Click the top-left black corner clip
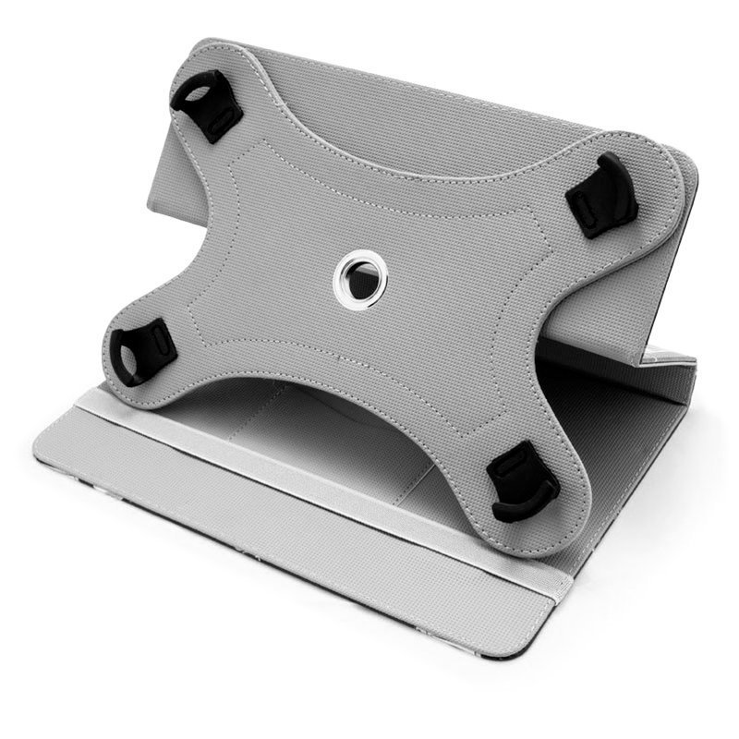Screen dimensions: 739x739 tap(206, 104)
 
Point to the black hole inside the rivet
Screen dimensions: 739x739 tap(351, 273)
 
